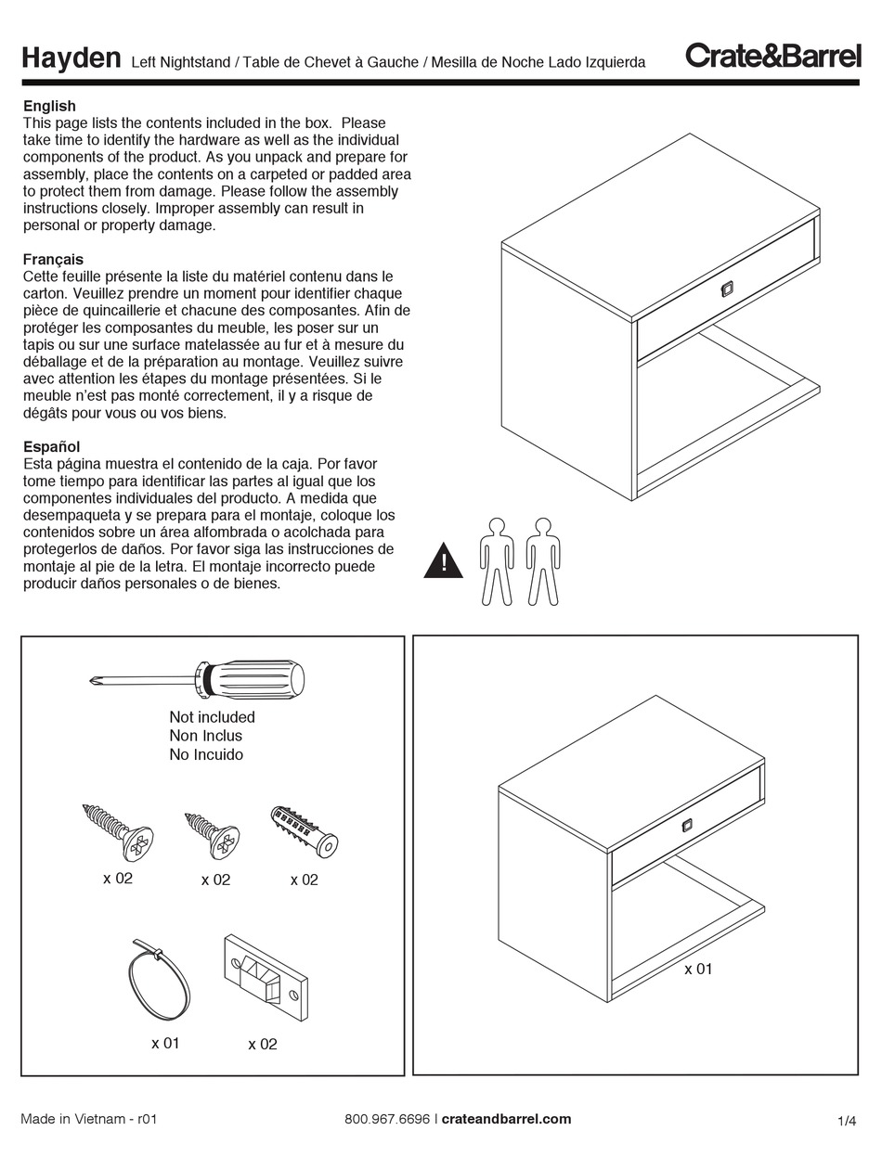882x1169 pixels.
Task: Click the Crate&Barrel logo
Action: pos(772,57)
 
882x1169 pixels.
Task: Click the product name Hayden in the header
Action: pos(71,59)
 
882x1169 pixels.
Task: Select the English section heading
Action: pos(49,106)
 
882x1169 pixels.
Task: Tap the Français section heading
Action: pos(53,260)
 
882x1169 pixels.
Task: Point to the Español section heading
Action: pos(51,446)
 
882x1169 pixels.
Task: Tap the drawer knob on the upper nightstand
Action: pos(726,289)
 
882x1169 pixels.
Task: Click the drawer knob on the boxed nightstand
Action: pos(687,825)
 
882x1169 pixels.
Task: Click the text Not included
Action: pos(212,717)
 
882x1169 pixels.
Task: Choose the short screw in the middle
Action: pos(214,834)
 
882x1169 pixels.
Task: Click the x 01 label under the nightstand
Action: pos(698,970)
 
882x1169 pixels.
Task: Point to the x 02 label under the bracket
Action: pos(263,1045)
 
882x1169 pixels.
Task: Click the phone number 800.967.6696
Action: pos(386,1119)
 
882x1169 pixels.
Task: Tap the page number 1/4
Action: pos(846,1121)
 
